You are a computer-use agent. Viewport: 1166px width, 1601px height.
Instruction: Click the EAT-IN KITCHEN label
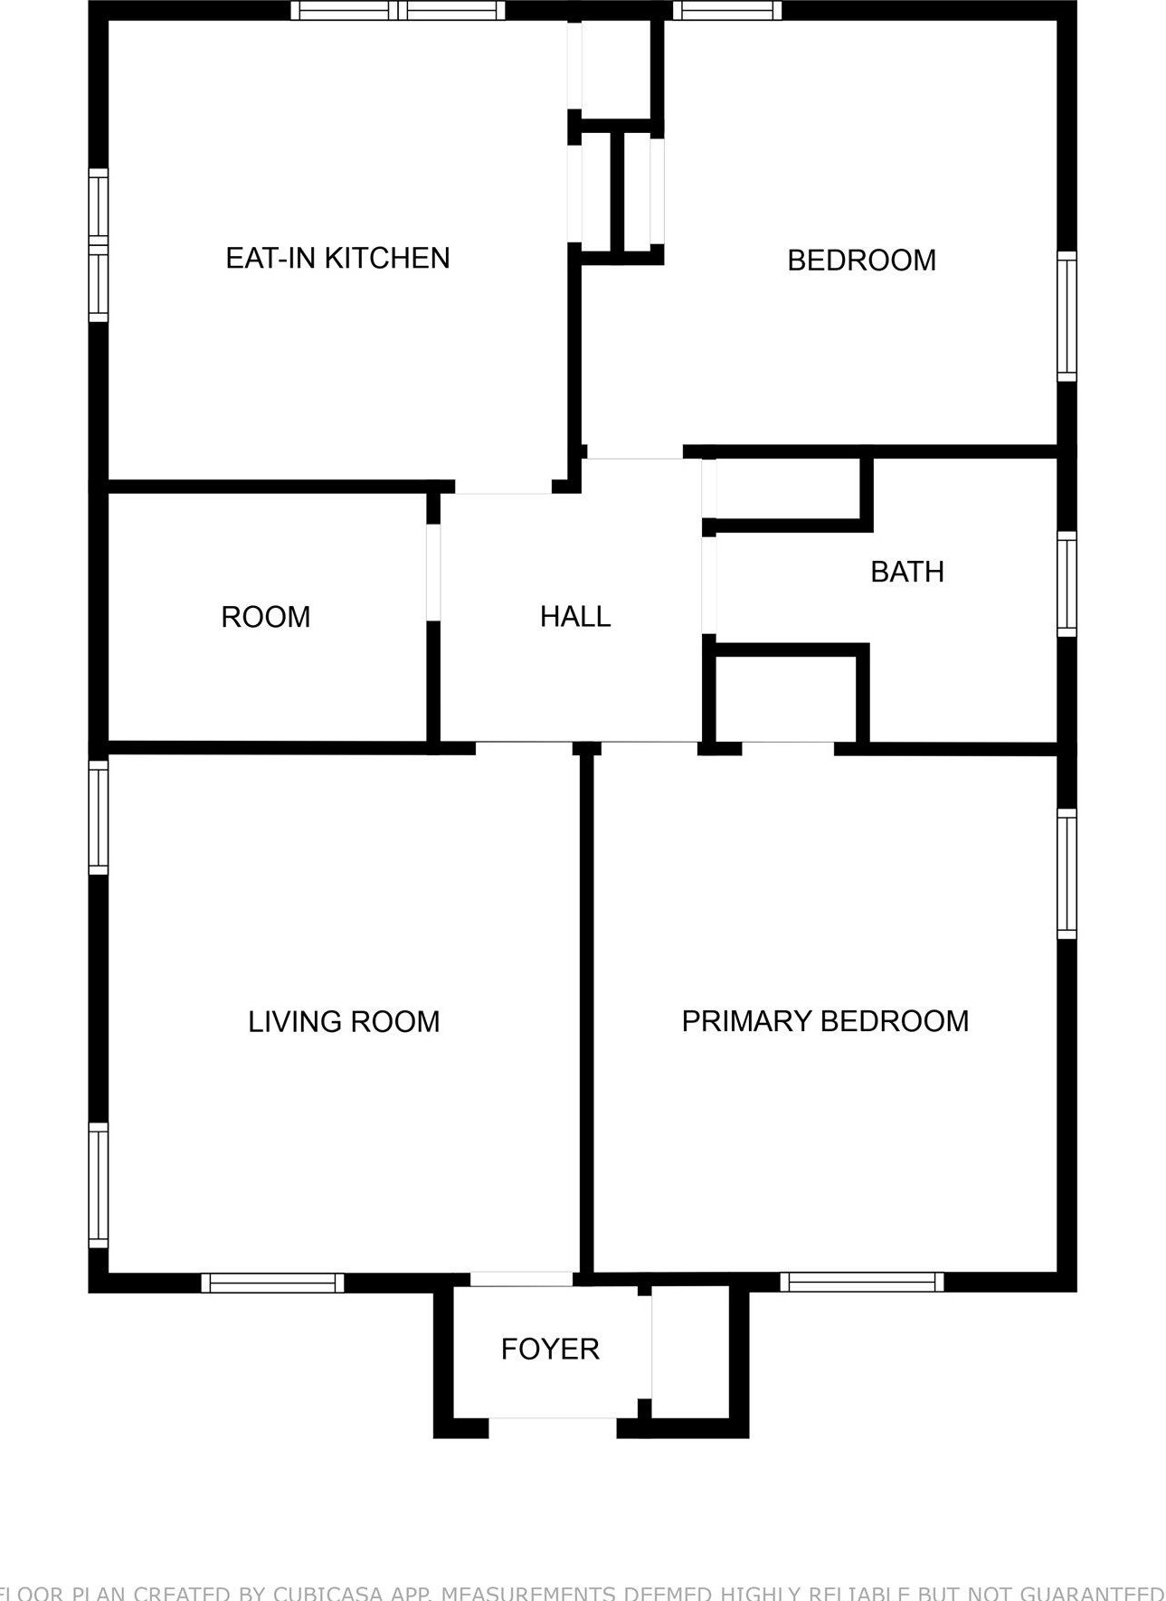337,259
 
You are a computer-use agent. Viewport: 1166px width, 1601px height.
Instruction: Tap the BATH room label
906,572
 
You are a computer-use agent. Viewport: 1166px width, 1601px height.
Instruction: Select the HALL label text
575,617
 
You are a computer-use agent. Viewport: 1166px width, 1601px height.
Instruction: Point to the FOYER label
550,1350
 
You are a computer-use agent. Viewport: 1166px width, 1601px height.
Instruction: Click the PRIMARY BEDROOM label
825,1021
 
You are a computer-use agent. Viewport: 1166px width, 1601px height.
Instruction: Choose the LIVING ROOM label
344,1022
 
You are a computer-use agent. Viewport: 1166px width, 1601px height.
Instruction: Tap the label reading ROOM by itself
266,618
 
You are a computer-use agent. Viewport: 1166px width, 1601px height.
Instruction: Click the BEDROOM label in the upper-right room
861,261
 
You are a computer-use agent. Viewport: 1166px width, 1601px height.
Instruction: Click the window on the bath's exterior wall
1067,583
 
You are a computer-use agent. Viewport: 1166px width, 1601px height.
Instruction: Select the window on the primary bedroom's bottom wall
861,1282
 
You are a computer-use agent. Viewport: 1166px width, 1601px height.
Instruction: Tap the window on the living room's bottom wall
272,1283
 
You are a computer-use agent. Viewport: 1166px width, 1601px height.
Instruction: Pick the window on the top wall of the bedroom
727,11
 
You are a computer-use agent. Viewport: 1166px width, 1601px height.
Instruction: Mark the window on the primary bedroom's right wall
1067,874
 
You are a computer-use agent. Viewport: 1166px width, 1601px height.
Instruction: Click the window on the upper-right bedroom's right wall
1067,317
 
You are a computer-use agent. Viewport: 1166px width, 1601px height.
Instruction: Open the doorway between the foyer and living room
521,1279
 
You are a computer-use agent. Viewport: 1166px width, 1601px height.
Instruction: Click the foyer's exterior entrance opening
553,1427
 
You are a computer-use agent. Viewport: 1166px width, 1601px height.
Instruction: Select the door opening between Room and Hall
433,572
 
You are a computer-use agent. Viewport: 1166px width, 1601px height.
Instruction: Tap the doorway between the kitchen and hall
503,488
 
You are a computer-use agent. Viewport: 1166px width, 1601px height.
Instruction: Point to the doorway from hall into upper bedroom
635,453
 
